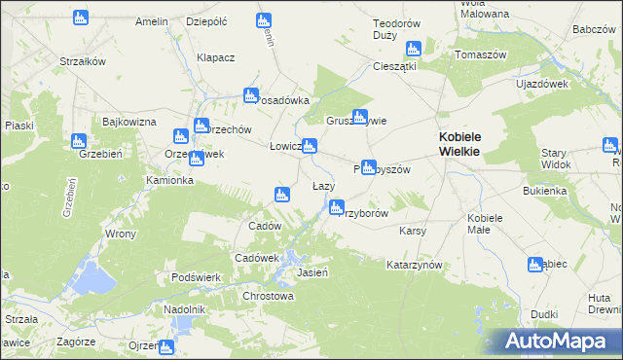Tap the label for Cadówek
(257, 258)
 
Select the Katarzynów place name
(415, 265)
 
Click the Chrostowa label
(268, 296)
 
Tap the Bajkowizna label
(129, 122)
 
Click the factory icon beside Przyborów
(337, 206)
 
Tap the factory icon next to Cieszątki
(413, 49)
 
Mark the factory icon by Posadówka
(250, 95)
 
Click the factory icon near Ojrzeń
(166, 346)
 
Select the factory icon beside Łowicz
(309, 147)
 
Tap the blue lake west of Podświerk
(94, 278)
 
